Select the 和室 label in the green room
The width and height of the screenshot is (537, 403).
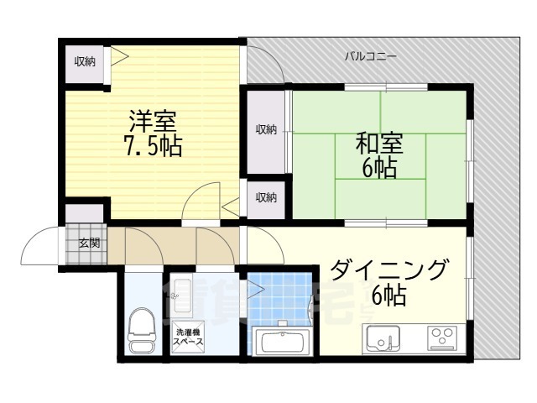[x=379, y=144]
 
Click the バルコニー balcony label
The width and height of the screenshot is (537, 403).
[x=370, y=57]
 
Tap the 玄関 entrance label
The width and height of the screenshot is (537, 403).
[x=89, y=243]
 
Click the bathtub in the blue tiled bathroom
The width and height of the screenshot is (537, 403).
[x=283, y=343]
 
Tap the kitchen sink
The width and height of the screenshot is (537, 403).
[x=383, y=339]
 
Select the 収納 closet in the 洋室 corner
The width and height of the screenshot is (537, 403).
[x=85, y=61]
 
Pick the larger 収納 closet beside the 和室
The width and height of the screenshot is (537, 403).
[x=266, y=129]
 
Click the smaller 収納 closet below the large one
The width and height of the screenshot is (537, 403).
[x=266, y=197]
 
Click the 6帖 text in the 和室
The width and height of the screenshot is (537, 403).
[x=379, y=168]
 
